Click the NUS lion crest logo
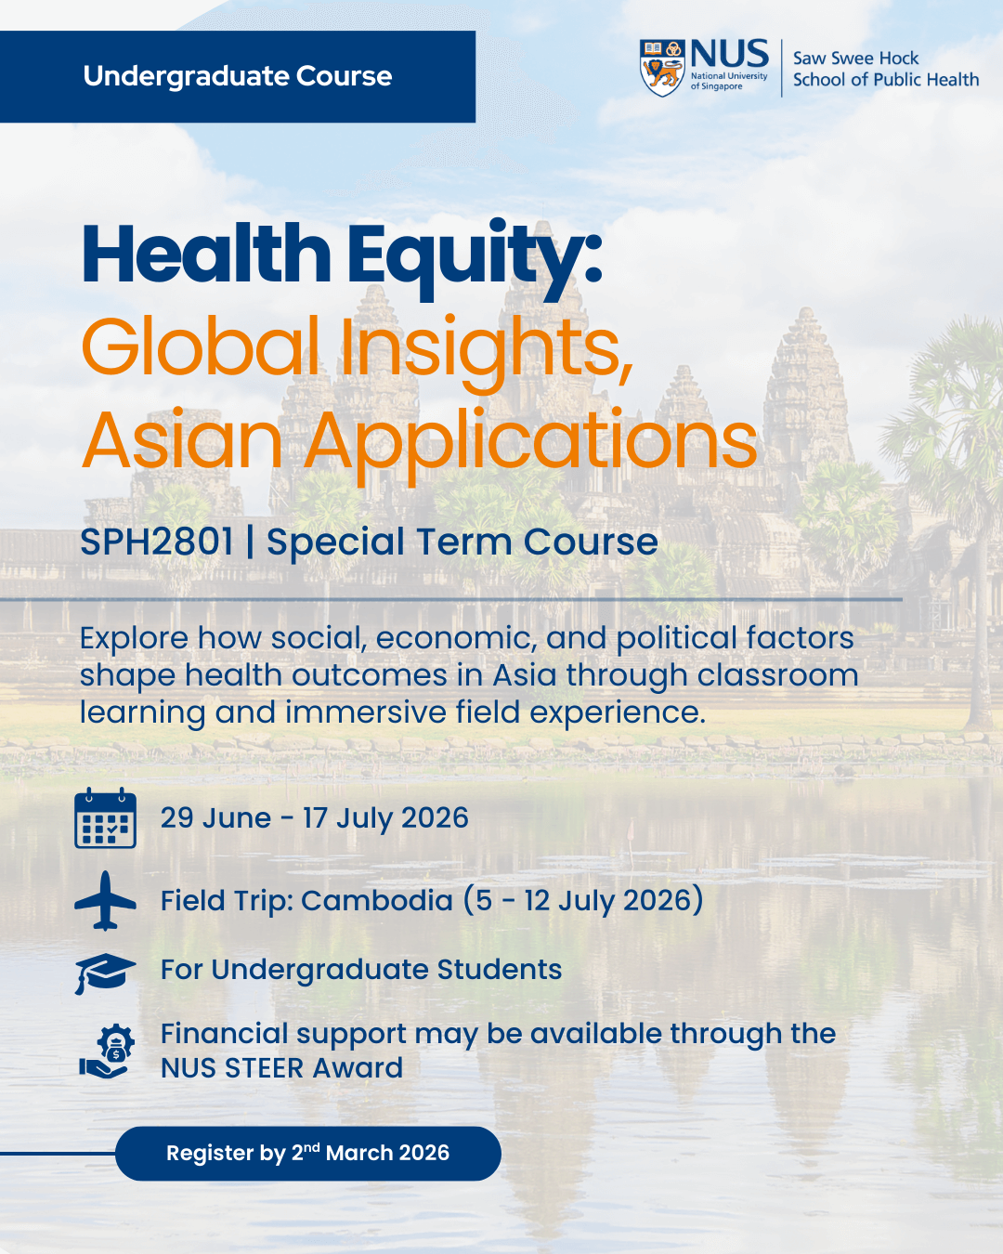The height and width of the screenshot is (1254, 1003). (x=662, y=68)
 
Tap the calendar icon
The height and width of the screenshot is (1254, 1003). (x=105, y=818)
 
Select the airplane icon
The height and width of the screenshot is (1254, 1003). (x=105, y=900)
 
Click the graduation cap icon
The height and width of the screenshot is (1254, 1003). (x=105, y=972)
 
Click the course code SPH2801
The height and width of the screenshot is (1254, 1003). (x=156, y=542)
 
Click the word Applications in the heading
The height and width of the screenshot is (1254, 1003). (x=531, y=440)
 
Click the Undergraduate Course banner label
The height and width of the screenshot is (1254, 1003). (x=238, y=76)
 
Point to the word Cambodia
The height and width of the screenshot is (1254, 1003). (x=376, y=900)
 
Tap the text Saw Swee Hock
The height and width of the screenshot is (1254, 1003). (x=855, y=58)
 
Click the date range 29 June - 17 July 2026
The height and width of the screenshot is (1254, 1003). (x=314, y=817)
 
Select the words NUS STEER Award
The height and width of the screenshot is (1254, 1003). (x=281, y=1068)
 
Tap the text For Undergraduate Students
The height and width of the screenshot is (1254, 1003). (x=361, y=969)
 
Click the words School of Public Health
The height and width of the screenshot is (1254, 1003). (x=885, y=80)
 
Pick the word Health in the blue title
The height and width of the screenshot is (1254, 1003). (x=206, y=255)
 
